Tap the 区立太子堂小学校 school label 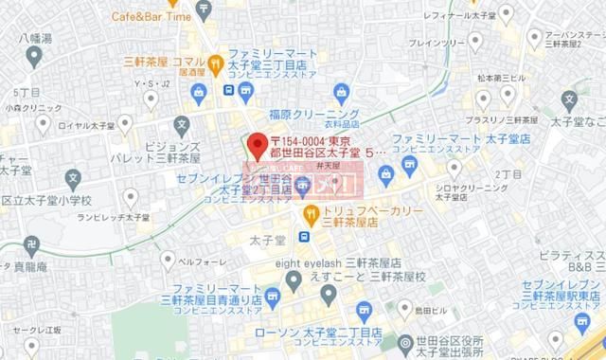(45, 201)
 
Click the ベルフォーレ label (200, 259)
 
